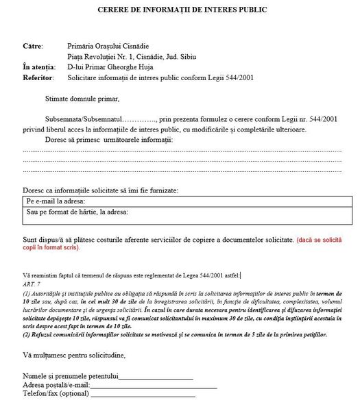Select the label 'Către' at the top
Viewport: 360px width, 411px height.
(32, 45)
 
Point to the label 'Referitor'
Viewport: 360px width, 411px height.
(38, 78)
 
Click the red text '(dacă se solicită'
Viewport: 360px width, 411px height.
(322, 240)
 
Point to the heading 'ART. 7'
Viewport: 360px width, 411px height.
(32, 284)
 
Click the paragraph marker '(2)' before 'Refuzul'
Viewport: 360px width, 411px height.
(27, 334)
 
